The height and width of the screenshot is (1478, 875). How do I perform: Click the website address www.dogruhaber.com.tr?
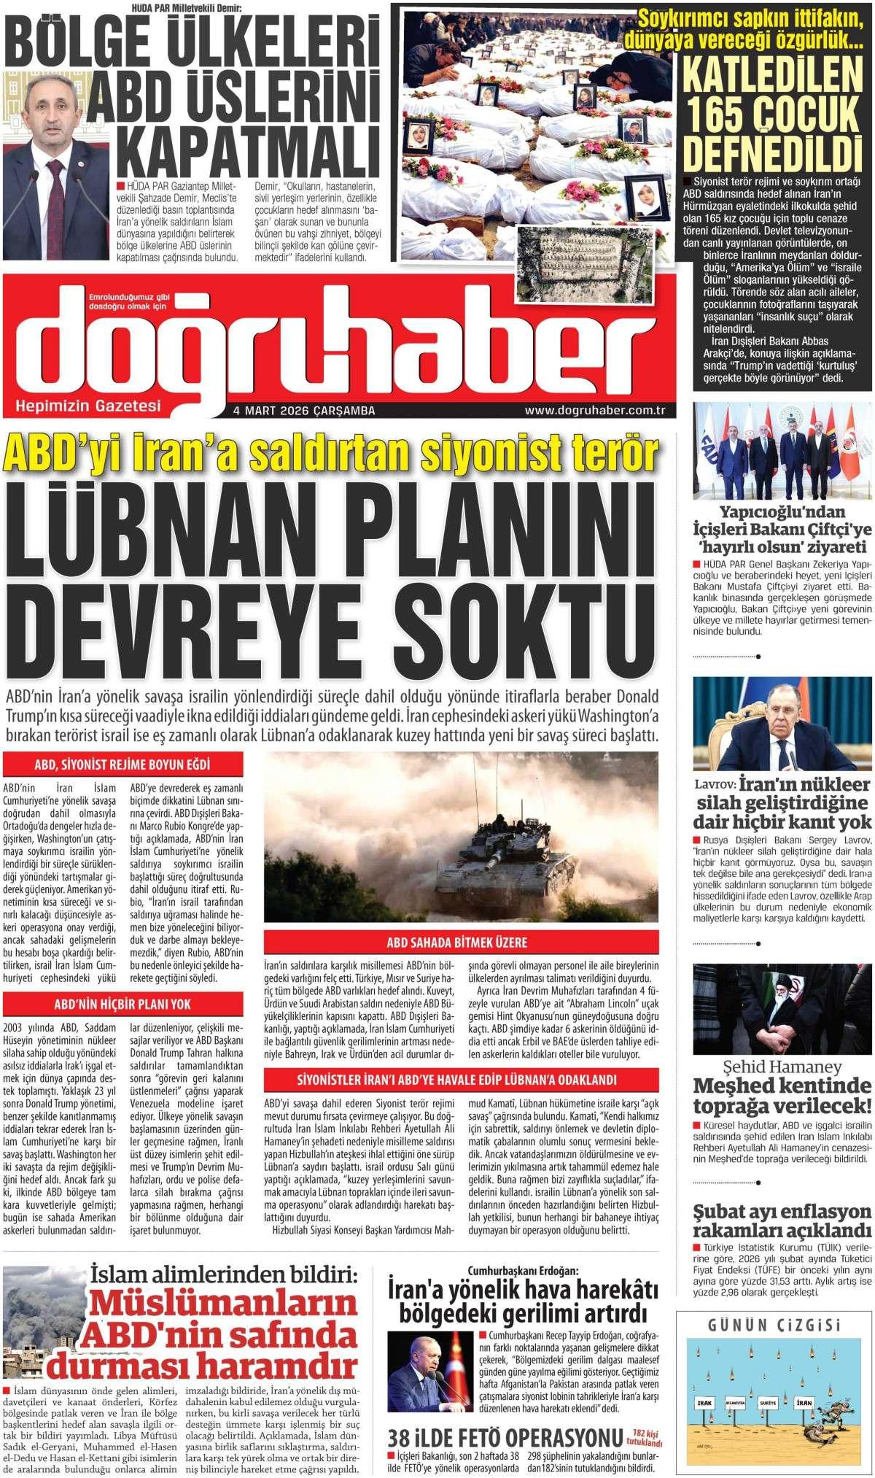click(x=595, y=411)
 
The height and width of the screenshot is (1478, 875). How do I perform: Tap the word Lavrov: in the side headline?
click(x=716, y=785)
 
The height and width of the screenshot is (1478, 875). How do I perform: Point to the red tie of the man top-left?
click(x=57, y=204)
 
